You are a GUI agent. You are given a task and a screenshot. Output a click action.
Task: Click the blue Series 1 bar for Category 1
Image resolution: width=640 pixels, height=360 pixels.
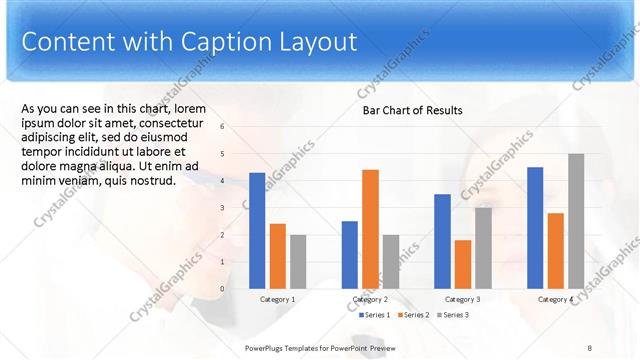(x=257, y=230)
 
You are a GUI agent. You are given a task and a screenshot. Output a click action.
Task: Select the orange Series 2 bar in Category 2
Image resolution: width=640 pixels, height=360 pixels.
(x=370, y=229)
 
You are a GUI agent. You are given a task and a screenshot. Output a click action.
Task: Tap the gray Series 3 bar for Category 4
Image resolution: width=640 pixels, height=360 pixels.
(x=576, y=221)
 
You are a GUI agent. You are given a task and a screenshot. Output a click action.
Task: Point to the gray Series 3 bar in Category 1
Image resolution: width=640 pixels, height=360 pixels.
(x=298, y=261)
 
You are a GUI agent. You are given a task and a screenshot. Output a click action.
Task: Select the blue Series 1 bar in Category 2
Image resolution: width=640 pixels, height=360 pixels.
(x=349, y=254)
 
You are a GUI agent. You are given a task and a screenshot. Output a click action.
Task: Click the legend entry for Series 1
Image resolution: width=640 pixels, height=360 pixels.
(x=374, y=315)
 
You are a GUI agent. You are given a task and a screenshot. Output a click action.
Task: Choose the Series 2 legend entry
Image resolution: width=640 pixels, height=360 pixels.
(x=414, y=315)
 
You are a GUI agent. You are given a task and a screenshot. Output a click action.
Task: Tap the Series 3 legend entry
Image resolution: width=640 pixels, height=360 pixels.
(x=452, y=315)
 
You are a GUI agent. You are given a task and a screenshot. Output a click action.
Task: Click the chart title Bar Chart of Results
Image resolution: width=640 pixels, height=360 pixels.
(x=412, y=110)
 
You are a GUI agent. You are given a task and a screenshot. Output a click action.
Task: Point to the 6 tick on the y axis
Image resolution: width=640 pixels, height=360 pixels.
(x=222, y=126)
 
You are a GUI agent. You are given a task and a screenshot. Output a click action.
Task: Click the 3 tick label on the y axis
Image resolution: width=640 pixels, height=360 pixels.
(x=222, y=207)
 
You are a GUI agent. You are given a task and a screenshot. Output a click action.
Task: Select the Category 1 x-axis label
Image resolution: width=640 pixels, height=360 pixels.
(x=277, y=299)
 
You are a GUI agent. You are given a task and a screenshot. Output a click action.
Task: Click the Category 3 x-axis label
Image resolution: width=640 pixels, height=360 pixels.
(x=462, y=299)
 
